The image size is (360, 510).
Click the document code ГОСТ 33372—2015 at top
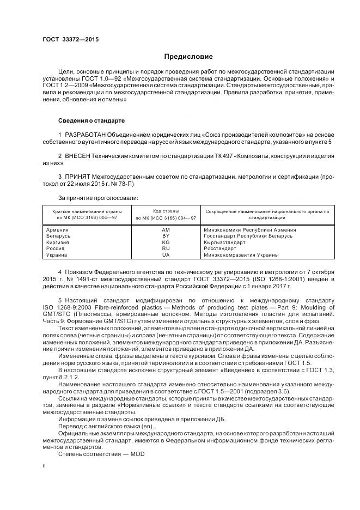coord(70,39)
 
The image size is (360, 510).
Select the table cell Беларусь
coord(59,236)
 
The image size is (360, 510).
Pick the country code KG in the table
coord(166,242)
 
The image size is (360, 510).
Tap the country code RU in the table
coord(166,248)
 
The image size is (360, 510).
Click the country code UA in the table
coord(166,254)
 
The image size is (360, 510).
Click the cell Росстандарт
coord(219,248)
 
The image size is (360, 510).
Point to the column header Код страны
coord(166,211)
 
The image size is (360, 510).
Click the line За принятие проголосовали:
coord(98,198)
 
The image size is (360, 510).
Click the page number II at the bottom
coord(44,466)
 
